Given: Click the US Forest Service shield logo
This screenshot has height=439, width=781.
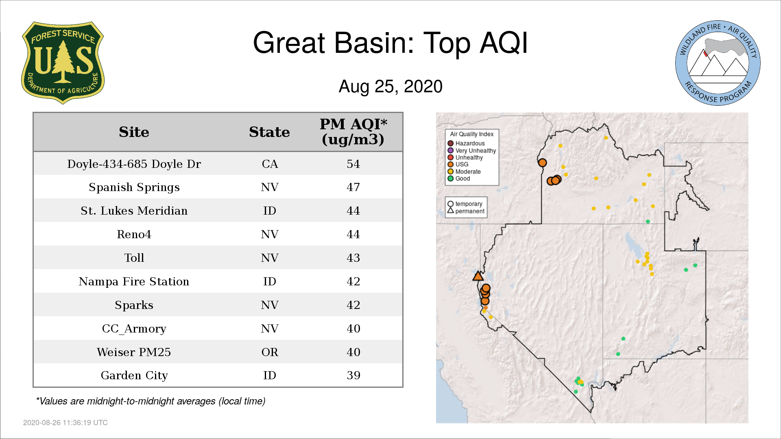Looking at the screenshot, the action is click(63, 63).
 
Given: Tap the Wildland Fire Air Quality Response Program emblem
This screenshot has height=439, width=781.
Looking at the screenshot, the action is click(718, 63).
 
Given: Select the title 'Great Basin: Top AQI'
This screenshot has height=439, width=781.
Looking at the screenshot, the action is click(390, 43).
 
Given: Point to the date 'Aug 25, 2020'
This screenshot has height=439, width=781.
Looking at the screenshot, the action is click(390, 87).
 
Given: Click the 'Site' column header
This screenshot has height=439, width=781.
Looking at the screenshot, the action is click(134, 132).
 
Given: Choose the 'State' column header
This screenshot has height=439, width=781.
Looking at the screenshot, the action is click(269, 132).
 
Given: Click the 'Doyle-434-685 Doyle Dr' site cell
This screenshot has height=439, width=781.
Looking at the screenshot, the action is click(134, 164).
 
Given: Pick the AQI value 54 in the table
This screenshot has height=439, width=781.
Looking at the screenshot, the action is click(353, 164).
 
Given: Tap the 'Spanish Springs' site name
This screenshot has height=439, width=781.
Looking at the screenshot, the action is click(134, 187).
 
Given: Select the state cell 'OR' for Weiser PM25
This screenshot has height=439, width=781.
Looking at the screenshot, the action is click(270, 352).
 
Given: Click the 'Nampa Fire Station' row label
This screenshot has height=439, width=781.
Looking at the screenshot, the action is click(134, 281).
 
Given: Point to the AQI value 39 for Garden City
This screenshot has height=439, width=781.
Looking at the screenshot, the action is click(353, 375).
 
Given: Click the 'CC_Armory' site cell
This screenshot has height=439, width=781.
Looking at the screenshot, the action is click(134, 328).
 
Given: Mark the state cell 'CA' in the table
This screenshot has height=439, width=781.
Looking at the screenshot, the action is click(270, 164).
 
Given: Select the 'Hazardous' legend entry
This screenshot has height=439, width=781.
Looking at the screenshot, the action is click(466, 143).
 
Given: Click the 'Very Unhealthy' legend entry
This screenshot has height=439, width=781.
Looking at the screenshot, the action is click(472, 150).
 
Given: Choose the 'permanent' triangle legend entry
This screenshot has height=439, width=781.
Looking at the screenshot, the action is click(466, 211).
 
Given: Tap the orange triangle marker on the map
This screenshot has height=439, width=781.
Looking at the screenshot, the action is click(478, 276).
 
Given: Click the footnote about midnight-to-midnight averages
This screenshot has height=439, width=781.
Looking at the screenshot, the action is click(151, 401).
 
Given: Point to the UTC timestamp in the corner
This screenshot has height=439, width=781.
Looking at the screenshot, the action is click(65, 423).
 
